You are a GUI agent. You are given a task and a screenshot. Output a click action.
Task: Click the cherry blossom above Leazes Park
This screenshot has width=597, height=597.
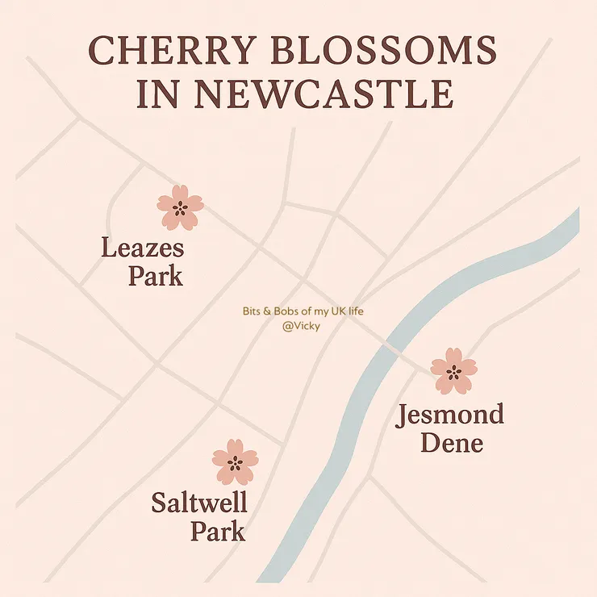point(180,207)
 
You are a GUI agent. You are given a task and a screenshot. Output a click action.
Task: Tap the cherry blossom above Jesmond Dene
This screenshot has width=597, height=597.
point(453,371)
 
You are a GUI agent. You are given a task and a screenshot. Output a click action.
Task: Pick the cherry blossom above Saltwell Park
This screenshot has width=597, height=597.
point(235,462)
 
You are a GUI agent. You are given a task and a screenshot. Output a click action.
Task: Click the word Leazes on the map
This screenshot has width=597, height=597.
point(143,247)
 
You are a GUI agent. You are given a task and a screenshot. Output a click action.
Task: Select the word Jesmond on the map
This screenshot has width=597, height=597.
point(449,415)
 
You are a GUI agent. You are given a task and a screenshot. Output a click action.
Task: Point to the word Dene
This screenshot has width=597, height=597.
point(451,442)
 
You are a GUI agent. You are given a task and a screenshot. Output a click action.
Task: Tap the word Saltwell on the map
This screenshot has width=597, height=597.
point(198,504)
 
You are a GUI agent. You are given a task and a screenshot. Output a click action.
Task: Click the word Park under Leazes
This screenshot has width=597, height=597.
point(155,276)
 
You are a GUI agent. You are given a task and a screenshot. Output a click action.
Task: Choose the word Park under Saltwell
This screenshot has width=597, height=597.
point(218,532)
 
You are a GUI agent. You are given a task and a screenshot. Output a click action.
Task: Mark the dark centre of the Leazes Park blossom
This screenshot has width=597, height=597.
point(180,208)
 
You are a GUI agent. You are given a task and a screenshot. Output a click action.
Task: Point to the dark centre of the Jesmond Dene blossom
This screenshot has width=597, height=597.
point(453,372)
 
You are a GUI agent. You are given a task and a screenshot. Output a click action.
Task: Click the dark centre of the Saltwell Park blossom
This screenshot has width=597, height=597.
point(235,463)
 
